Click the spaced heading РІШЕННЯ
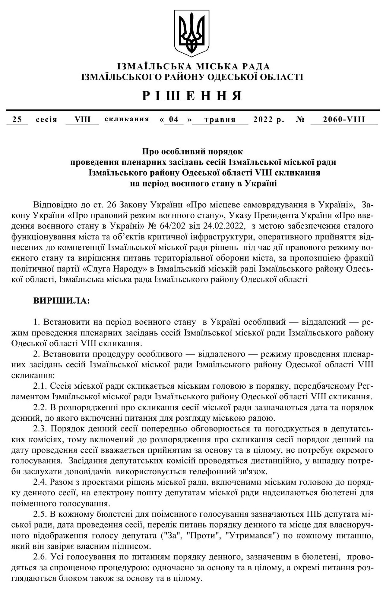pyautogui.click(x=192, y=96)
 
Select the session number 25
pyautogui.click(x=17, y=120)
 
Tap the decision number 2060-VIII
pyautogui.click(x=344, y=120)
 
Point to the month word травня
pyautogui.click(x=220, y=120)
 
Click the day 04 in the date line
pyautogui.click(x=174, y=120)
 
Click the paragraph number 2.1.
pyautogui.click(x=39, y=386)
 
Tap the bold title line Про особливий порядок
pyautogui.click(x=192, y=151)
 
